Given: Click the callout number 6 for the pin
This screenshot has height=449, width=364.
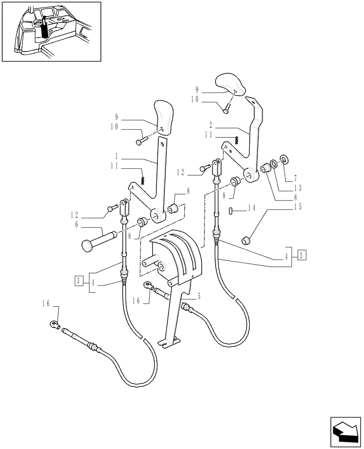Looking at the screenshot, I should tap(77, 224).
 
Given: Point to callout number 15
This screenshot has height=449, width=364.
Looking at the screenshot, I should tap(297, 207).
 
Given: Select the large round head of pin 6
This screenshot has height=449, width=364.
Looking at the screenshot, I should tap(88, 245).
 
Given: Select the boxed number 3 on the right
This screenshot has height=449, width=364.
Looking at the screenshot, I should tap(303, 255).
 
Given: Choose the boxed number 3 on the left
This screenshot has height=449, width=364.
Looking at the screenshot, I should tap(79, 281).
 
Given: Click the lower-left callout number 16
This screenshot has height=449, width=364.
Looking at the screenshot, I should tap(46, 304).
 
